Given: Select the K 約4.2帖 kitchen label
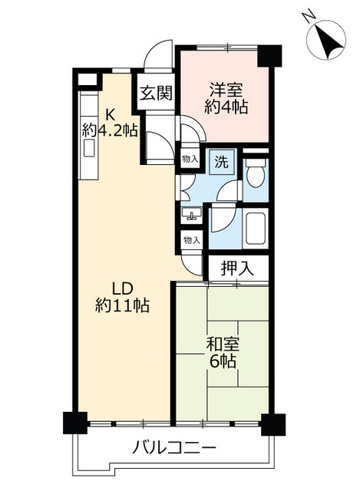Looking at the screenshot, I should pos(109,121).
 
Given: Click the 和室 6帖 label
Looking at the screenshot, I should pos(221,351).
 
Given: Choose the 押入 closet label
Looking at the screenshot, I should pos(236,269).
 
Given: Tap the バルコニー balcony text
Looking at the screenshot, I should pos(173,447).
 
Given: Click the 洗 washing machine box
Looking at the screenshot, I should pos(220,162).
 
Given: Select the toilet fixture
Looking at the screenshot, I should pos(255,176).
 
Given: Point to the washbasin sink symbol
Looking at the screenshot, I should pos(190,216).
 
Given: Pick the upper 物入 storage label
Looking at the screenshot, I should pos(189,158).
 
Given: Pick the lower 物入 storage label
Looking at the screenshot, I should pos(191,241).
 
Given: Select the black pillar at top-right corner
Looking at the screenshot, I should pos(269,54).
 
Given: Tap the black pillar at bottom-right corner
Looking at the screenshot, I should pos(273,423).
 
